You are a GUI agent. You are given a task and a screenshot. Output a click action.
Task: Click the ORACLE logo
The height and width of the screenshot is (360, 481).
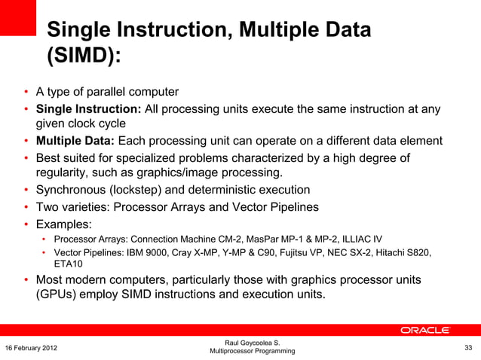pos(424,330)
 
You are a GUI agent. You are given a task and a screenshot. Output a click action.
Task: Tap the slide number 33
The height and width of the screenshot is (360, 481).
pos(468,346)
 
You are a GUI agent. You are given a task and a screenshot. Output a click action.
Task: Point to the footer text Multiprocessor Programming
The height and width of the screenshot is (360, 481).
pos(252,352)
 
